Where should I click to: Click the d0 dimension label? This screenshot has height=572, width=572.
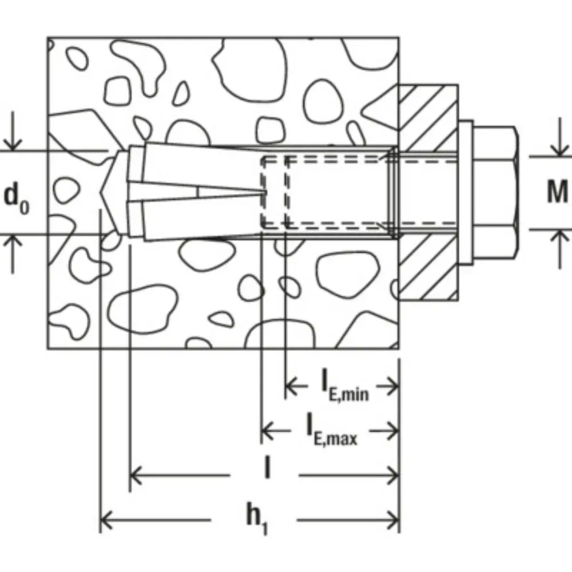pyautogui.click(x=17, y=200)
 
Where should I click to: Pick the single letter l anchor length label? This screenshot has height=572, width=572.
pyautogui.click(x=267, y=468)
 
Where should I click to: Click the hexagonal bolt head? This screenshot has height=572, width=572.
pyautogui.click(x=496, y=193)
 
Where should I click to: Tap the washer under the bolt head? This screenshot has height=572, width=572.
pyautogui.click(x=466, y=193)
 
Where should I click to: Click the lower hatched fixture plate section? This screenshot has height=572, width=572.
pyautogui.click(x=428, y=267)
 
